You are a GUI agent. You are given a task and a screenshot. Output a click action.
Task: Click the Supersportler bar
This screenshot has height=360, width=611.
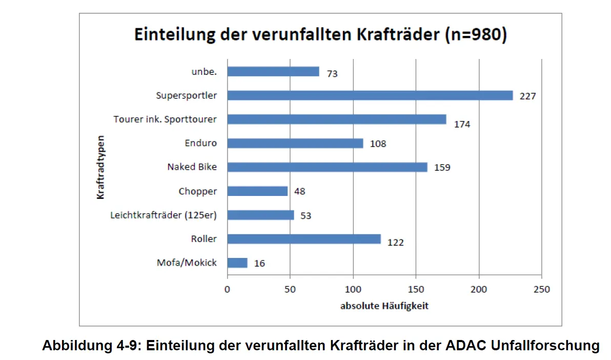click(370, 95)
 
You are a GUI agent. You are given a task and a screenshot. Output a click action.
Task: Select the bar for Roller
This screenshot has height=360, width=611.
click(303, 239)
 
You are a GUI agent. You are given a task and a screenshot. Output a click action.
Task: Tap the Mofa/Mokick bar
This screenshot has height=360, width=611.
click(237, 263)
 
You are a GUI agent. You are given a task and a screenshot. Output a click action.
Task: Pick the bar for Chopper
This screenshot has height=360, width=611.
click(257, 191)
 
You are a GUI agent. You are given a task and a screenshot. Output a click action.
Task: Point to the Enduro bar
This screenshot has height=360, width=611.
click(295, 143)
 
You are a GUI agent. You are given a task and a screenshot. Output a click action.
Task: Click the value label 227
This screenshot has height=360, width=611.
click(527, 96)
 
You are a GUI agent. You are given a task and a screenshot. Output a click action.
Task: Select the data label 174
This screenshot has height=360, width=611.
click(462, 124)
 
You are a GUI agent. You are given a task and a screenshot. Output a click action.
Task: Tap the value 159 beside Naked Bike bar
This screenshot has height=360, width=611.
click(442, 167)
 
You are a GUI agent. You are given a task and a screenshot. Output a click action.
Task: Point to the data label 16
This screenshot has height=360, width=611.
click(259, 264)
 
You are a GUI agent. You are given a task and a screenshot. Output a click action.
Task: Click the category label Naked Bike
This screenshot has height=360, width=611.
click(192, 167)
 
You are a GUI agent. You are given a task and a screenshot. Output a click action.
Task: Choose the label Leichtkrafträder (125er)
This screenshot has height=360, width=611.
click(164, 215)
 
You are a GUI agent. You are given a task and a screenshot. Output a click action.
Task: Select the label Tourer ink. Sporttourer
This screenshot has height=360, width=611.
click(165, 119)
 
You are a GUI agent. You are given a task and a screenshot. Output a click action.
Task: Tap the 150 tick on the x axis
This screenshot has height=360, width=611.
click(416, 289)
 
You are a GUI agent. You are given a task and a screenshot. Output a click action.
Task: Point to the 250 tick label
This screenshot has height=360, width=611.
click(541, 289)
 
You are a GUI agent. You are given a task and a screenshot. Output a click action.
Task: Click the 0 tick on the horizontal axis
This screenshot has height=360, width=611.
click(227, 289)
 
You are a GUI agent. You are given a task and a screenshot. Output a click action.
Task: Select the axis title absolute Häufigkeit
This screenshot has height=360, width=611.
click(384, 306)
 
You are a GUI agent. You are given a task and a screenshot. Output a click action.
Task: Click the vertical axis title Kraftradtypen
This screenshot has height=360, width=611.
click(101, 167)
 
